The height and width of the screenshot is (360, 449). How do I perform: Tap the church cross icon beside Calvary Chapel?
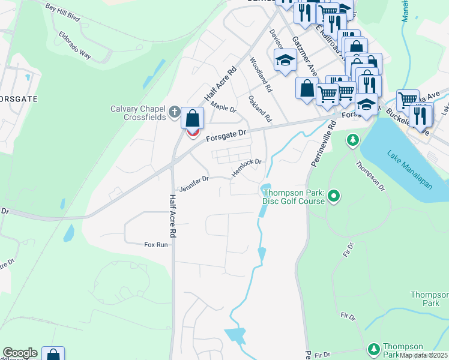(x=174, y=112)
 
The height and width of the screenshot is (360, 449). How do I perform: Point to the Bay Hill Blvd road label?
(x=62, y=11)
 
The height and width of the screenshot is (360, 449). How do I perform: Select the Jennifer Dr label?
(x=193, y=179)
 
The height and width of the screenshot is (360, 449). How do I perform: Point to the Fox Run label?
(x=155, y=245)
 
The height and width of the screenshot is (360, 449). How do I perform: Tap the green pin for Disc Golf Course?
(x=335, y=196)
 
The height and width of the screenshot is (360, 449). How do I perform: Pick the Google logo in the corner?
(x=20, y=353)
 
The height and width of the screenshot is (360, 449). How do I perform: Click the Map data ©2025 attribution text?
(x=424, y=355)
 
